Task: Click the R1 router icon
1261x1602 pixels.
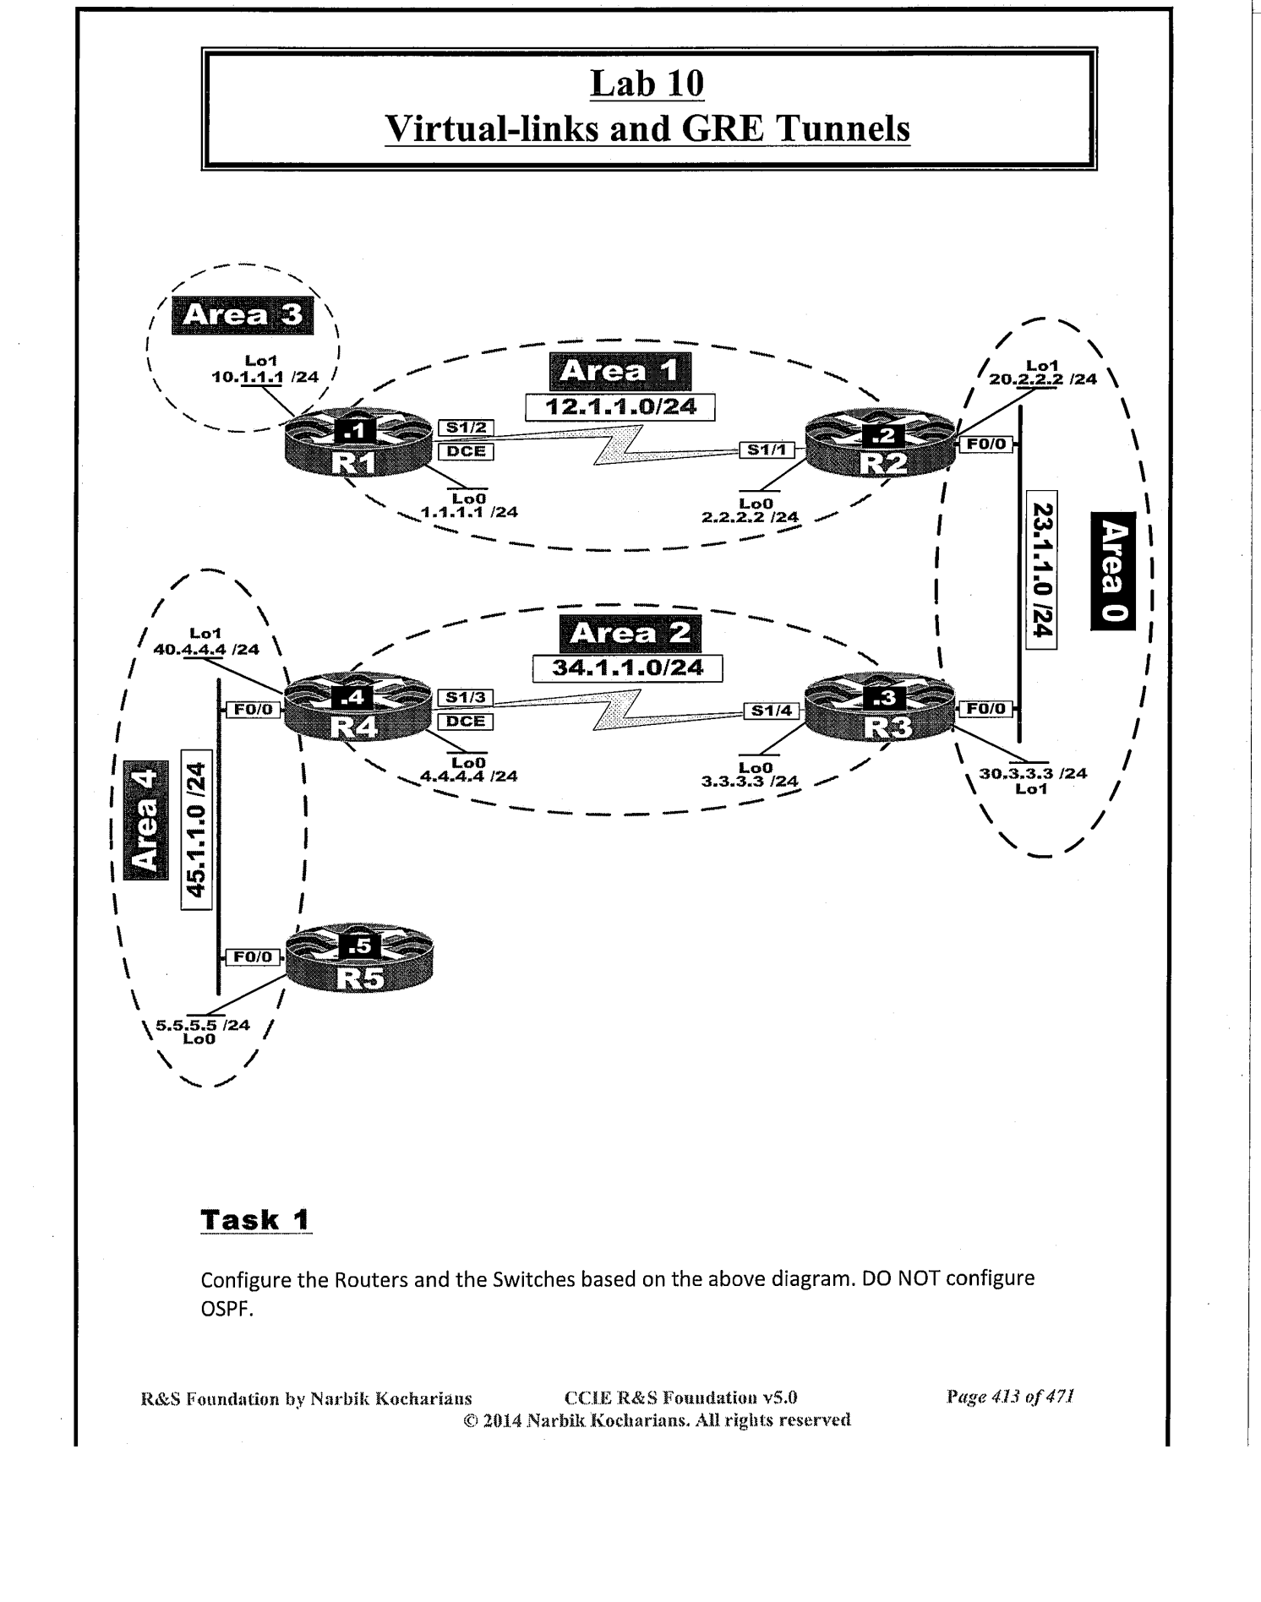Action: click(x=358, y=442)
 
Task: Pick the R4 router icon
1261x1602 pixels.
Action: click(x=358, y=711)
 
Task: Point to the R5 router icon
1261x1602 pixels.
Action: click(x=359, y=961)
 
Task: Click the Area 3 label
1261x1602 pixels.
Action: click(x=242, y=316)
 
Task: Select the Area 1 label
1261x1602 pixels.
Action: click(x=620, y=372)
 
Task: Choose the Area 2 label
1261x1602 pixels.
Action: click(x=630, y=634)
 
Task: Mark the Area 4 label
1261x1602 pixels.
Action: click(x=145, y=820)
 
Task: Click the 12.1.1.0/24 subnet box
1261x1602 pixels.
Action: click(x=620, y=407)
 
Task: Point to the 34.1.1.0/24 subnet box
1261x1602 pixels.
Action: click(x=627, y=668)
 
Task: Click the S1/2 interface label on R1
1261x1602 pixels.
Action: click(x=466, y=428)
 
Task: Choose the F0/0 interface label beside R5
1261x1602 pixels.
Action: click(x=253, y=956)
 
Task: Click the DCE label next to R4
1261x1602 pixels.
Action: click(x=466, y=722)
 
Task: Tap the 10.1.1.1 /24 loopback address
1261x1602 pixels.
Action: click(x=265, y=378)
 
